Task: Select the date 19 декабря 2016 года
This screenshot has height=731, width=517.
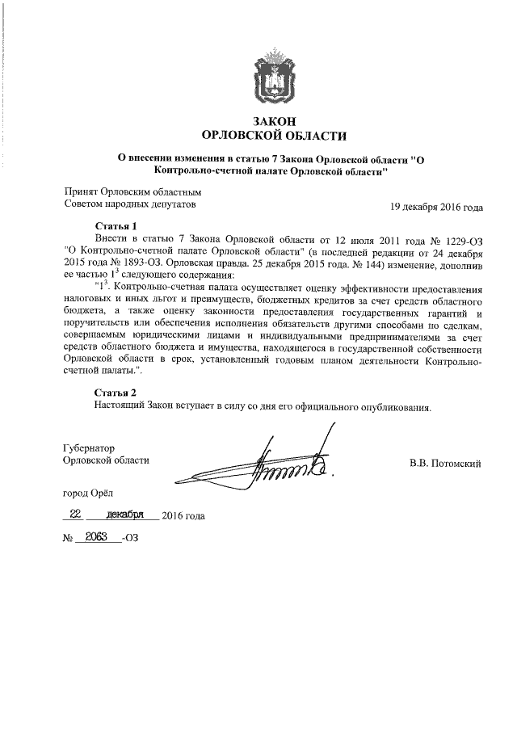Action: point(437,207)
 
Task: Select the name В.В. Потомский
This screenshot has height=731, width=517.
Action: point(446,463)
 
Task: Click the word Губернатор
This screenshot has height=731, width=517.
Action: point(90,447)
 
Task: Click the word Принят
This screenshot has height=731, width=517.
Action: point(81,191)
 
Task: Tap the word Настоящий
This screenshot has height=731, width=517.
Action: point(120,406)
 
